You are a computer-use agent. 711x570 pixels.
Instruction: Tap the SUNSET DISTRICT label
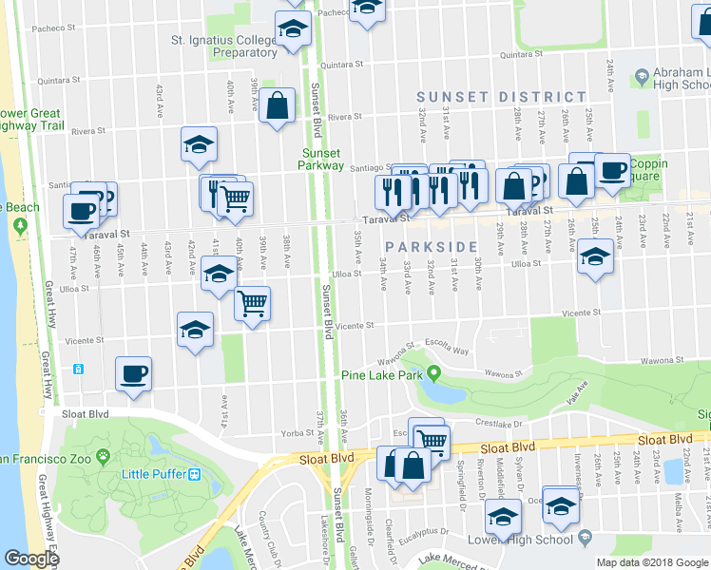[501, 97]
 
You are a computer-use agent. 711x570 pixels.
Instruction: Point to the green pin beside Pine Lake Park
[433, 372]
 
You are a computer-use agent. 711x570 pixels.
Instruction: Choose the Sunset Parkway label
[323, 159]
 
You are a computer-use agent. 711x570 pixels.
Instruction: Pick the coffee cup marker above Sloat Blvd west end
[133, 371]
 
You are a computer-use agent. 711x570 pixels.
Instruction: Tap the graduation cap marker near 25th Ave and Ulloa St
[595, 256]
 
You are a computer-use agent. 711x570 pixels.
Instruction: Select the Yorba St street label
[298, 432]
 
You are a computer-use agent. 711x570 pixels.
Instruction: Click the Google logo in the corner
[30, 559]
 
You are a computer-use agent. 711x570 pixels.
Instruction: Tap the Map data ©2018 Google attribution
[652, 562]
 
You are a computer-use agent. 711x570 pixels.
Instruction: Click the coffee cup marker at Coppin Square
[612, 171]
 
